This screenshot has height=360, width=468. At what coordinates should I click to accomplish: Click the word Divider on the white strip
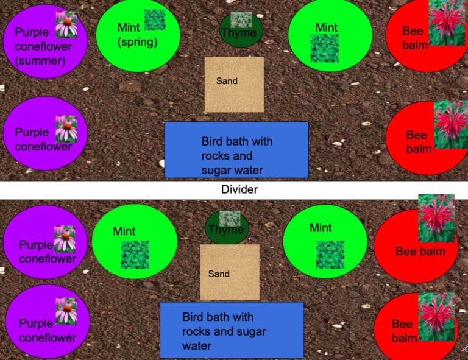239,189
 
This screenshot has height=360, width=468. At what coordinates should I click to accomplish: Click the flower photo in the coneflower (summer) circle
66,24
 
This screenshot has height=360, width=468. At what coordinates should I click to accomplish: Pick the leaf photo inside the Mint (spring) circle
154,20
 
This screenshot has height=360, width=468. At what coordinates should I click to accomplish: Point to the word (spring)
138,43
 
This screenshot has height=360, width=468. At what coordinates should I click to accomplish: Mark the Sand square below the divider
230,286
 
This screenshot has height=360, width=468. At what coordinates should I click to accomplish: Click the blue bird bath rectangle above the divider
236,150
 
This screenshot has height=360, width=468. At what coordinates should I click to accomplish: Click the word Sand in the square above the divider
227,80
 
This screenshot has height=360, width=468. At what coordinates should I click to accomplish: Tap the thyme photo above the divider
241,20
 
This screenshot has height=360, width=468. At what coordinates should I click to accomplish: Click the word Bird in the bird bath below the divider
193,317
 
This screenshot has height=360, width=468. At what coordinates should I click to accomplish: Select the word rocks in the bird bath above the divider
216,156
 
